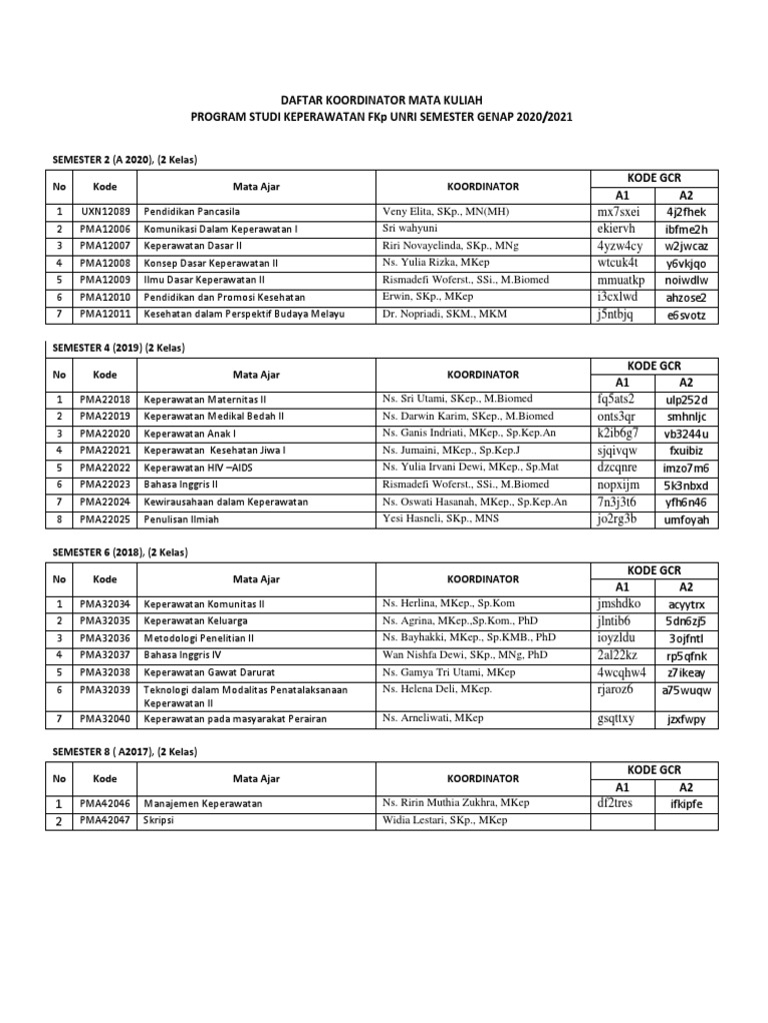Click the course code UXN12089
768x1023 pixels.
[105, 212]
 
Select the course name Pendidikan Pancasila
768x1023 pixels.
[192, 212]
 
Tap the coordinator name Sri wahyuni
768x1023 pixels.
[413, 229]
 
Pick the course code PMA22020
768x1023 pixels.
[105, 433]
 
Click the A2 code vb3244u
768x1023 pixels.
[686, 434]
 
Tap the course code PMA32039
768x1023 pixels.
[105, 688]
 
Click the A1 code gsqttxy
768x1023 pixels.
[615, 718]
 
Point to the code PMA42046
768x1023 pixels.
[105, 803]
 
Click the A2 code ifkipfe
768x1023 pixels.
[686, 804]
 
